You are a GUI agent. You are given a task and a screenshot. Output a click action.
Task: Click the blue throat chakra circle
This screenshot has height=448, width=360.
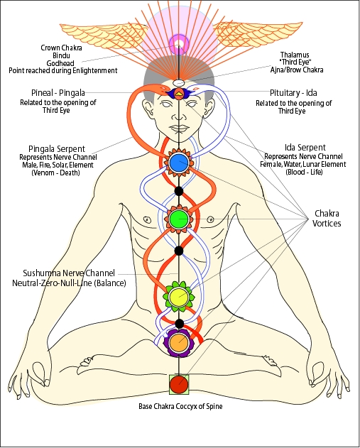pos(178,163)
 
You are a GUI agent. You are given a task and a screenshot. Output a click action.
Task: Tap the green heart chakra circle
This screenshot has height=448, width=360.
pos(178,217)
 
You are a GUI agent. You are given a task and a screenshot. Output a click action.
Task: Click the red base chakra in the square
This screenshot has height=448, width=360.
pos(179,384)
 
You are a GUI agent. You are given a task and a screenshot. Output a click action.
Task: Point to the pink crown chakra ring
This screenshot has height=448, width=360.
pos(178,44)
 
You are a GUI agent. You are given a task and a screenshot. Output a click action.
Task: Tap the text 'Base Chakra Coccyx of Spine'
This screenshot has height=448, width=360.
pos(179,407)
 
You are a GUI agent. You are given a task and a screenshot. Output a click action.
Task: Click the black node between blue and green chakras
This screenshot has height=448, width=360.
pos(179,190)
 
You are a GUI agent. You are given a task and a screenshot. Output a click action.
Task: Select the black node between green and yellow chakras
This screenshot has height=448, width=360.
pos(179,250)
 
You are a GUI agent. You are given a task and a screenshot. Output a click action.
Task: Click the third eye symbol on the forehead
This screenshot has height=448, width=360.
pos(178,93)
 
